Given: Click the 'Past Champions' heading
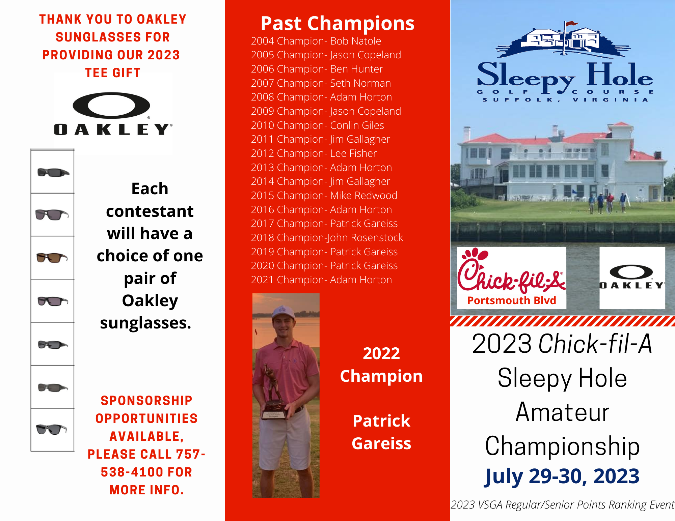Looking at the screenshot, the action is tap(337, 24).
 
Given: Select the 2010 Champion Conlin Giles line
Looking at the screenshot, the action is tap(318, 125).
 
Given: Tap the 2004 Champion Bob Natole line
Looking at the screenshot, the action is tap(316, 41).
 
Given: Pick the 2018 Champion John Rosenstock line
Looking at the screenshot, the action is tap(327, 238).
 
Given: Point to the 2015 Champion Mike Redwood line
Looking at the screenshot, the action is tap(324, 196).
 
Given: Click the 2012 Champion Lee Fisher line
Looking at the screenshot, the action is tap(314, 153).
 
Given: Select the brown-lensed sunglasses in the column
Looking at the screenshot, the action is tap(52, 258).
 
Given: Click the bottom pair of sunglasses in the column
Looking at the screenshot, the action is tap(52, 429).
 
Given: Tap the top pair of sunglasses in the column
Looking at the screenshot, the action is tap(53, 172).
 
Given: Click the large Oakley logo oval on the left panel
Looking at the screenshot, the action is tap(111, 105).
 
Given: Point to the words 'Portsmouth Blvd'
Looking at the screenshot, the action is tap(512, 300).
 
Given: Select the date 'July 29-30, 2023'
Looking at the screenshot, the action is tap(562, 476).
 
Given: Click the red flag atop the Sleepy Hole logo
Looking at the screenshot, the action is tap(571, 24).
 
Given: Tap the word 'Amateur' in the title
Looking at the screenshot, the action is tap(563, 412).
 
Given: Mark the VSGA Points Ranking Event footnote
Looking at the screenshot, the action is tap(563, 505).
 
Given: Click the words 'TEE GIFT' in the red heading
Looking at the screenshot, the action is tap(113, 73).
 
